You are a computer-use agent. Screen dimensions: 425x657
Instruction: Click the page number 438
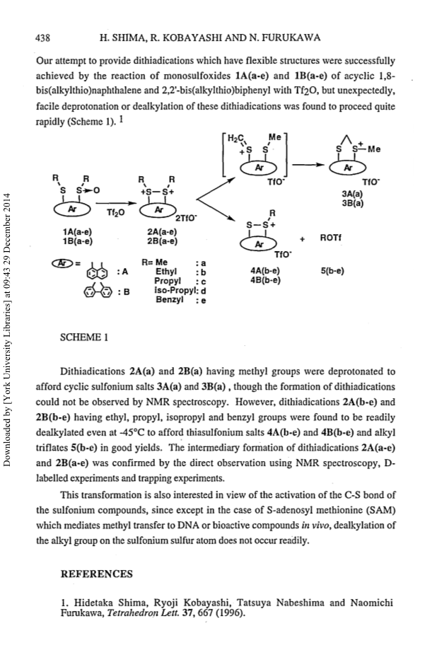coord(42,38)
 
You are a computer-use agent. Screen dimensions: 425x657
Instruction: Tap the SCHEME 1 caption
coord(84,338)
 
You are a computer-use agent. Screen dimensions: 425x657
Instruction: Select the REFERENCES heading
coord(96,574)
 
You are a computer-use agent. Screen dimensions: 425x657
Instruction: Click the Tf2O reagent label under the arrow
coord(113,212)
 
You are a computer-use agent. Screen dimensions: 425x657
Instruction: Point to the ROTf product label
coord(331,238)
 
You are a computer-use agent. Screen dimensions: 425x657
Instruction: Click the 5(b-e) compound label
coord(332,271)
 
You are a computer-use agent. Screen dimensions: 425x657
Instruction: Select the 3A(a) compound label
coord(352,194)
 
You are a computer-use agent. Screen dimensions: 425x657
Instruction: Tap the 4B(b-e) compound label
coord(265,280)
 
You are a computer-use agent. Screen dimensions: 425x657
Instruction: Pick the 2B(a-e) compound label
coord(162,241)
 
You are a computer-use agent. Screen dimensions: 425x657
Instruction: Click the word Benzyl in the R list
coord(169,300)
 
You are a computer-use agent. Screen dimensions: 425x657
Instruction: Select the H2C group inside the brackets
coord(235,139)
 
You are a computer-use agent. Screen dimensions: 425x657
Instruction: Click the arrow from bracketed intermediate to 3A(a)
coord(308,165)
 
